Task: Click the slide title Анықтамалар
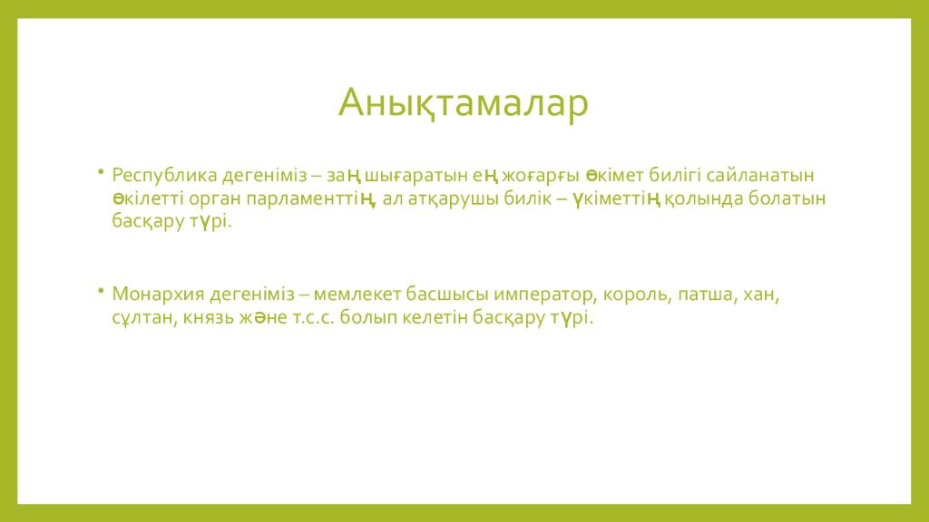pyautogui.click(x=464, y=103)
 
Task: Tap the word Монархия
pyautogui.click(x=158, y=295)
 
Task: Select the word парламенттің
pyautogui.click(x=311, y=198)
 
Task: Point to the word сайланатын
pyautogui.click(x=760, y=176)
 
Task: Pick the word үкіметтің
pyautogui.click(x=616, y=198)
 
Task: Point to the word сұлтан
pyautogui.click(x=142, y=318)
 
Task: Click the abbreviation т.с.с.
pyautogui.click(x=314, y=318)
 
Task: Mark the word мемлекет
pyautogui.click(x=357, y=295)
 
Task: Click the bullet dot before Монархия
pyautogui.click(x=102, y=291)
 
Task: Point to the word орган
pyautogui.click(x=215, y=199)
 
